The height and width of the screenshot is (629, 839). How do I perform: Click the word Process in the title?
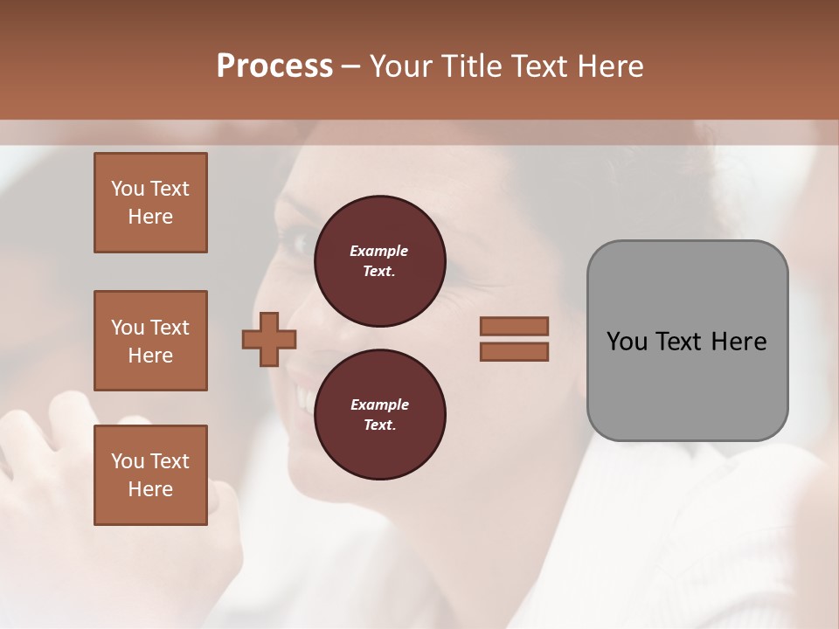pos(274,66)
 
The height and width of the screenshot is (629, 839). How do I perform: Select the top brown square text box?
pos(150,203)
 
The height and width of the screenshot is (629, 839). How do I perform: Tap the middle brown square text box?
pos(150,341)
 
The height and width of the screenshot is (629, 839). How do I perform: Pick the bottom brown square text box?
pos(150,475)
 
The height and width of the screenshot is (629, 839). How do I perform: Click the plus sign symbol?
pos(269,339)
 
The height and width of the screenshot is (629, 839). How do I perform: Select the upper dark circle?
pos(379,261)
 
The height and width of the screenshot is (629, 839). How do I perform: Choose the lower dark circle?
pos(379,415)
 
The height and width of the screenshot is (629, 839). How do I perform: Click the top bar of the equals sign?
pos(514,327)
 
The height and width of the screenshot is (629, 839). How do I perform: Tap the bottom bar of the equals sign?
pos(514,352)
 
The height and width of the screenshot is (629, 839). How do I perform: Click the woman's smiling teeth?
pos(302,396)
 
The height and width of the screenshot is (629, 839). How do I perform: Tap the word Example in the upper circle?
pos(379,251)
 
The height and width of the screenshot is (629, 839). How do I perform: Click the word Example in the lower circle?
pos(379,404)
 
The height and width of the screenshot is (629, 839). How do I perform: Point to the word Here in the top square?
pos(150,217)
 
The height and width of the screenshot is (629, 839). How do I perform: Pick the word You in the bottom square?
pos(128,461)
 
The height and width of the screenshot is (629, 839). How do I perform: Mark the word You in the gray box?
pos(626,342)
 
